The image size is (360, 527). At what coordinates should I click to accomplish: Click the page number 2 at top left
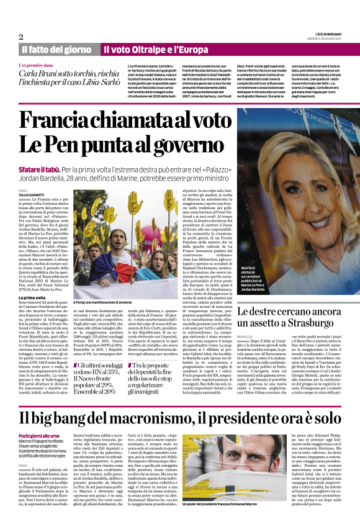[x=21, y=37]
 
